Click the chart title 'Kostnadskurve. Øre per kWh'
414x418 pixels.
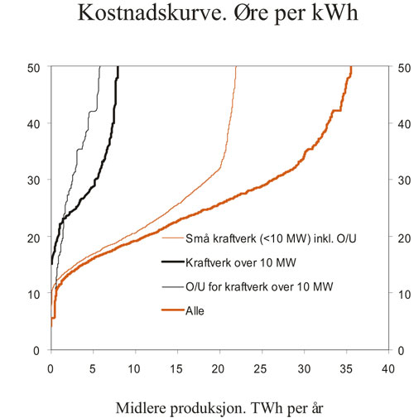point(208,15)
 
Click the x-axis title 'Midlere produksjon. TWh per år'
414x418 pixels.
point(207,396)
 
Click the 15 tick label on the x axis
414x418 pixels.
point(177,364)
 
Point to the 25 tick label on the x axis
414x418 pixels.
point(262,364)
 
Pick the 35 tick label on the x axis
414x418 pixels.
point(345,364)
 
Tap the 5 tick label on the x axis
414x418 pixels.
point(93,364)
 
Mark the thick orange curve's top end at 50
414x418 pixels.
point(351,68)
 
